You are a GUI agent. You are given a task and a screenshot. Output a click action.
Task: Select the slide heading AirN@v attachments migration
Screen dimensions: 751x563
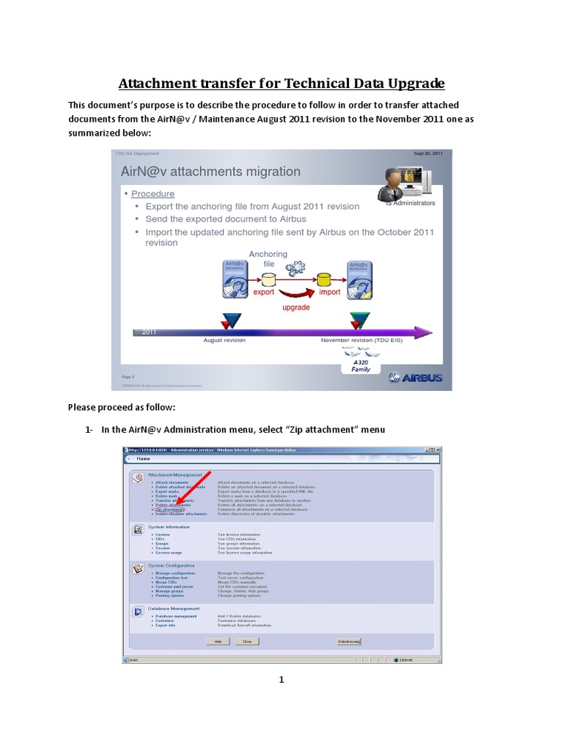210,172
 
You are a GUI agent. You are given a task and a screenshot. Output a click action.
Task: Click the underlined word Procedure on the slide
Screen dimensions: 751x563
152,194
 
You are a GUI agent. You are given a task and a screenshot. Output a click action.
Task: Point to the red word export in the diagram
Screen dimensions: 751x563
263,292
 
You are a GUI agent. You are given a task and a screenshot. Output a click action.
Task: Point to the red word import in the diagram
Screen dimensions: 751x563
330,292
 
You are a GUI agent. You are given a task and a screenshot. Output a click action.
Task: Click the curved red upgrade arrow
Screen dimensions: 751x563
296,296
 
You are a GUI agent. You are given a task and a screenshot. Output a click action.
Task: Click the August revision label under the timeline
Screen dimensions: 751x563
224,340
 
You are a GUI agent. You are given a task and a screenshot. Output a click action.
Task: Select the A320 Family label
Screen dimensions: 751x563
361,365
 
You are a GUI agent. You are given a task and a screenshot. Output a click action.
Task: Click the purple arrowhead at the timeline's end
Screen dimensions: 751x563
424,332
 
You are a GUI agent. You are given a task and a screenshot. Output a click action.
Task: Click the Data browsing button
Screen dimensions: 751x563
349,640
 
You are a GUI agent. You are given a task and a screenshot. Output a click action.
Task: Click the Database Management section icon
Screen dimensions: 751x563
137,611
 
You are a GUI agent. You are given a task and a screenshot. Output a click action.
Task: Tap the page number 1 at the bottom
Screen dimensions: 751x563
281,680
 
